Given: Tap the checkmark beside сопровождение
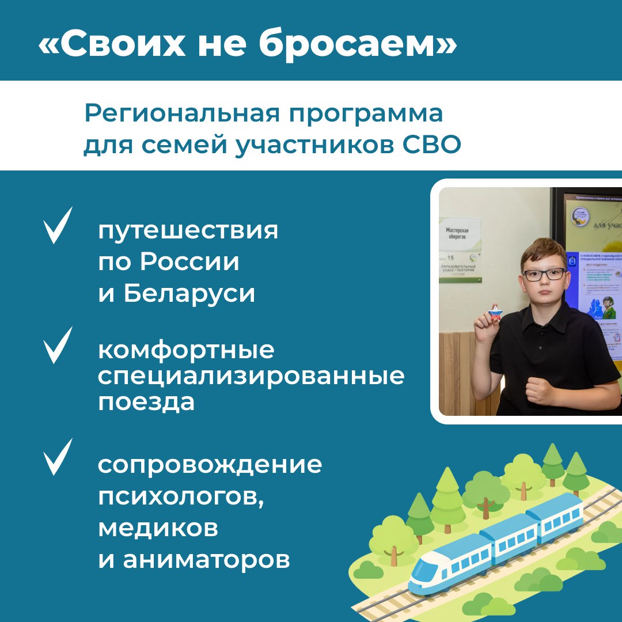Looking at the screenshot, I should (x=58, y=457).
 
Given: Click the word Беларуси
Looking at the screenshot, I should (x=189, y=294).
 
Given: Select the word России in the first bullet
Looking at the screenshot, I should (x=189, y=263).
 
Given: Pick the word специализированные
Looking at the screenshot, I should (x=251, y=377).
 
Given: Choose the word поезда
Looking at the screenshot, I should (x=146, y=403).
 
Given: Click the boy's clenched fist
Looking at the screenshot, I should (x=541, y=392).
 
